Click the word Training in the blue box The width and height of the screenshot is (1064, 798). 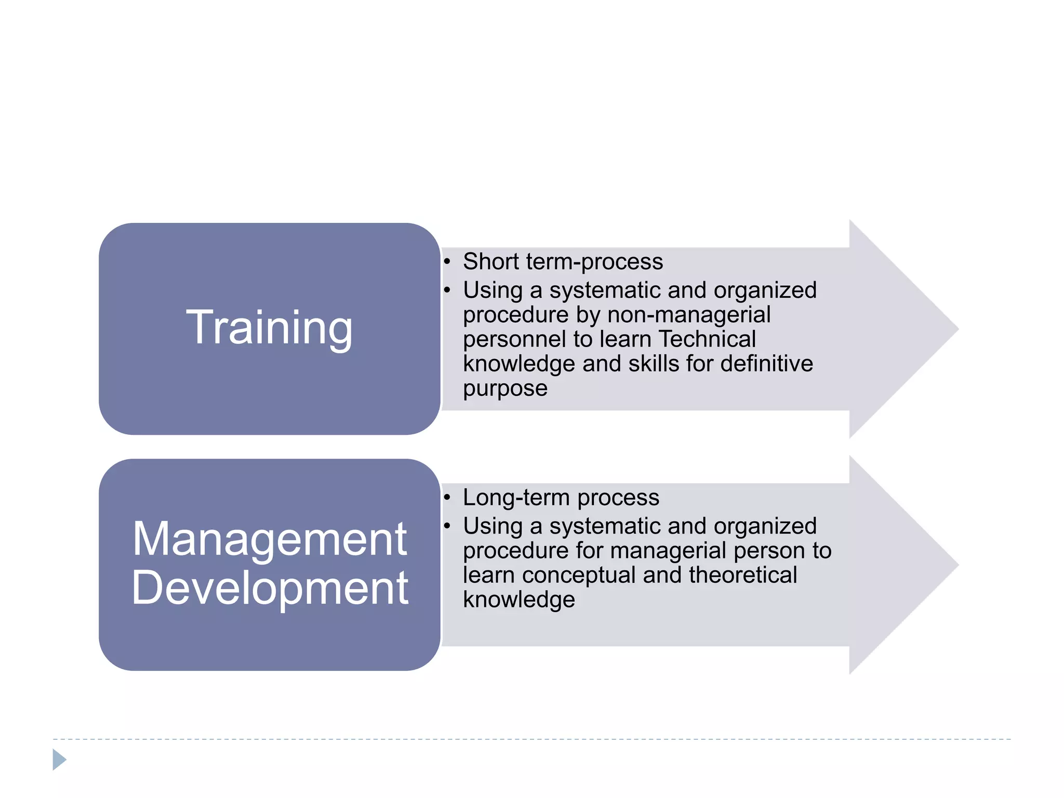[269, 327]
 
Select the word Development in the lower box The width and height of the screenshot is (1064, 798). [269, 588]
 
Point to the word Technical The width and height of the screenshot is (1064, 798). [707, 339]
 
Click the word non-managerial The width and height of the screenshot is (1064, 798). [689, 315]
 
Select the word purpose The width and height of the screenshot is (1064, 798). [505, 389]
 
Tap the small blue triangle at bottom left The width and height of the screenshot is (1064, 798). [59, 760]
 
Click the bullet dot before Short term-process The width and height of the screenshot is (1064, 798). [447, 261]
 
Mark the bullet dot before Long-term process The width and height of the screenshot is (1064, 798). [447, 498]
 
